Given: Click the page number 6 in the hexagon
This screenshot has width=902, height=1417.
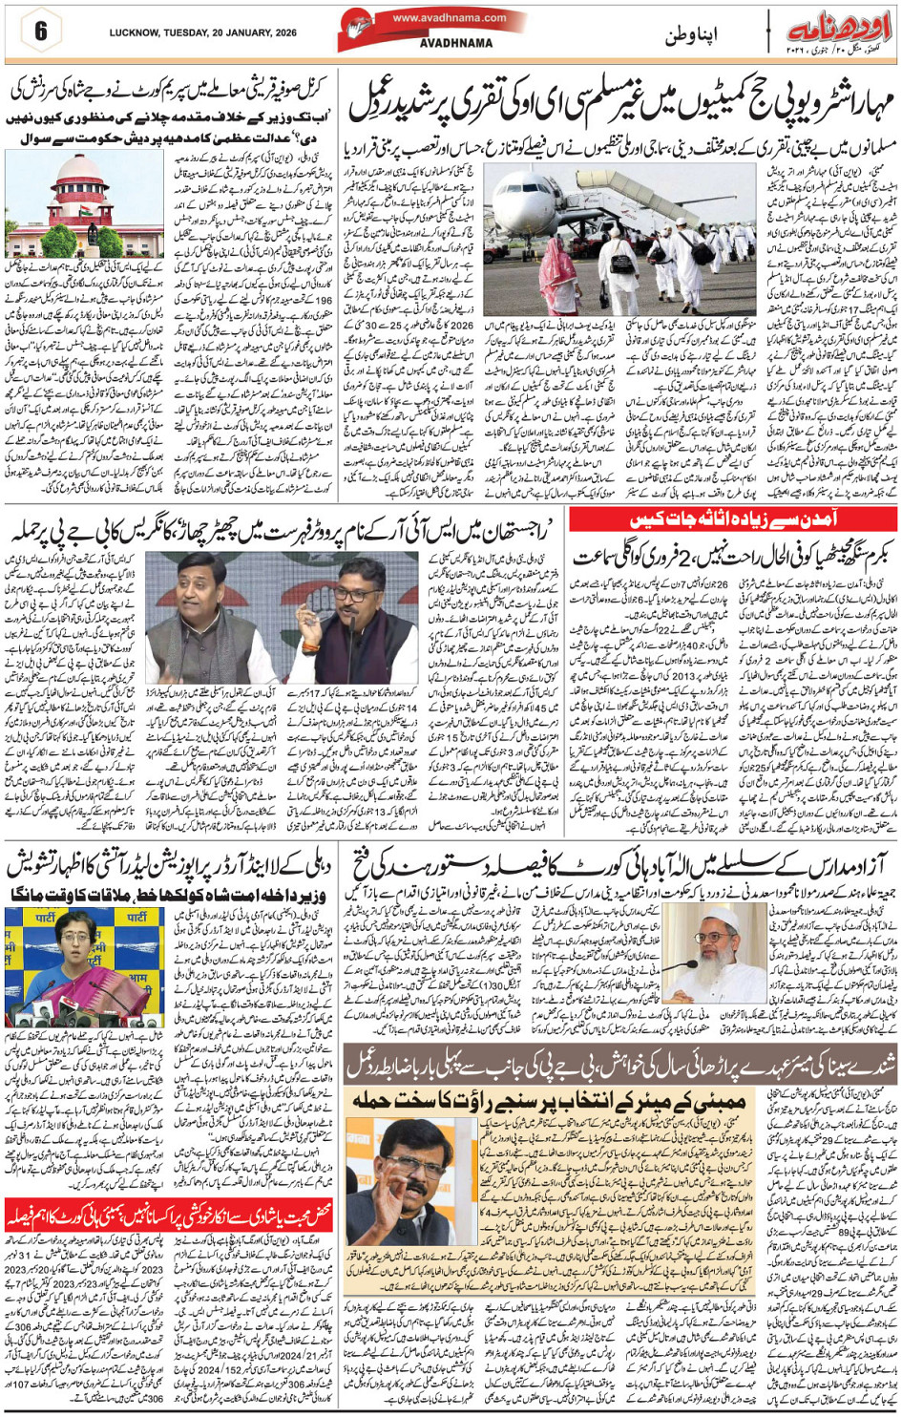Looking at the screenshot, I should (40, 31).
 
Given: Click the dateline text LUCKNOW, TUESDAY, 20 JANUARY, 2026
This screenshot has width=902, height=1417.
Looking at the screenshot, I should (202, 32).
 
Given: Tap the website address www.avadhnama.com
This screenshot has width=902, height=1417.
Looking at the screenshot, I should (450, 17).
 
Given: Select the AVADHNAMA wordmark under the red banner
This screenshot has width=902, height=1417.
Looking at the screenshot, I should (456, 43).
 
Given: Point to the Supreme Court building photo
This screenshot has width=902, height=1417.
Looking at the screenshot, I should (85, 204).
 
